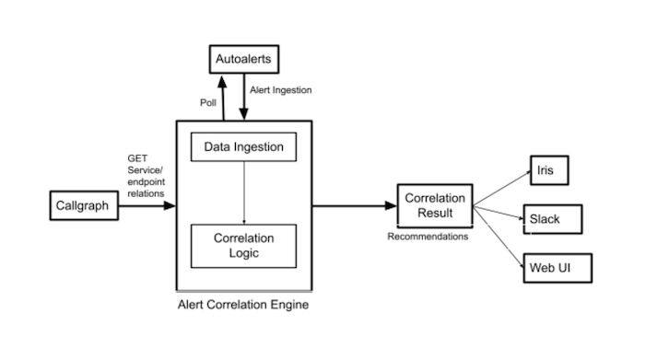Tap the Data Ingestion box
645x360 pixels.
(243, 145)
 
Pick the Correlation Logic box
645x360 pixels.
(243, 245)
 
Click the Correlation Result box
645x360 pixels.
(435, 205)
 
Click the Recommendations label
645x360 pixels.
(428, 237)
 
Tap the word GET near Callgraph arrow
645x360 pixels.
(137, 158)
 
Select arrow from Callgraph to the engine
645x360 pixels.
(147, 205)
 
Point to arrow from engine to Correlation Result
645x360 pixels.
(354, 205)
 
